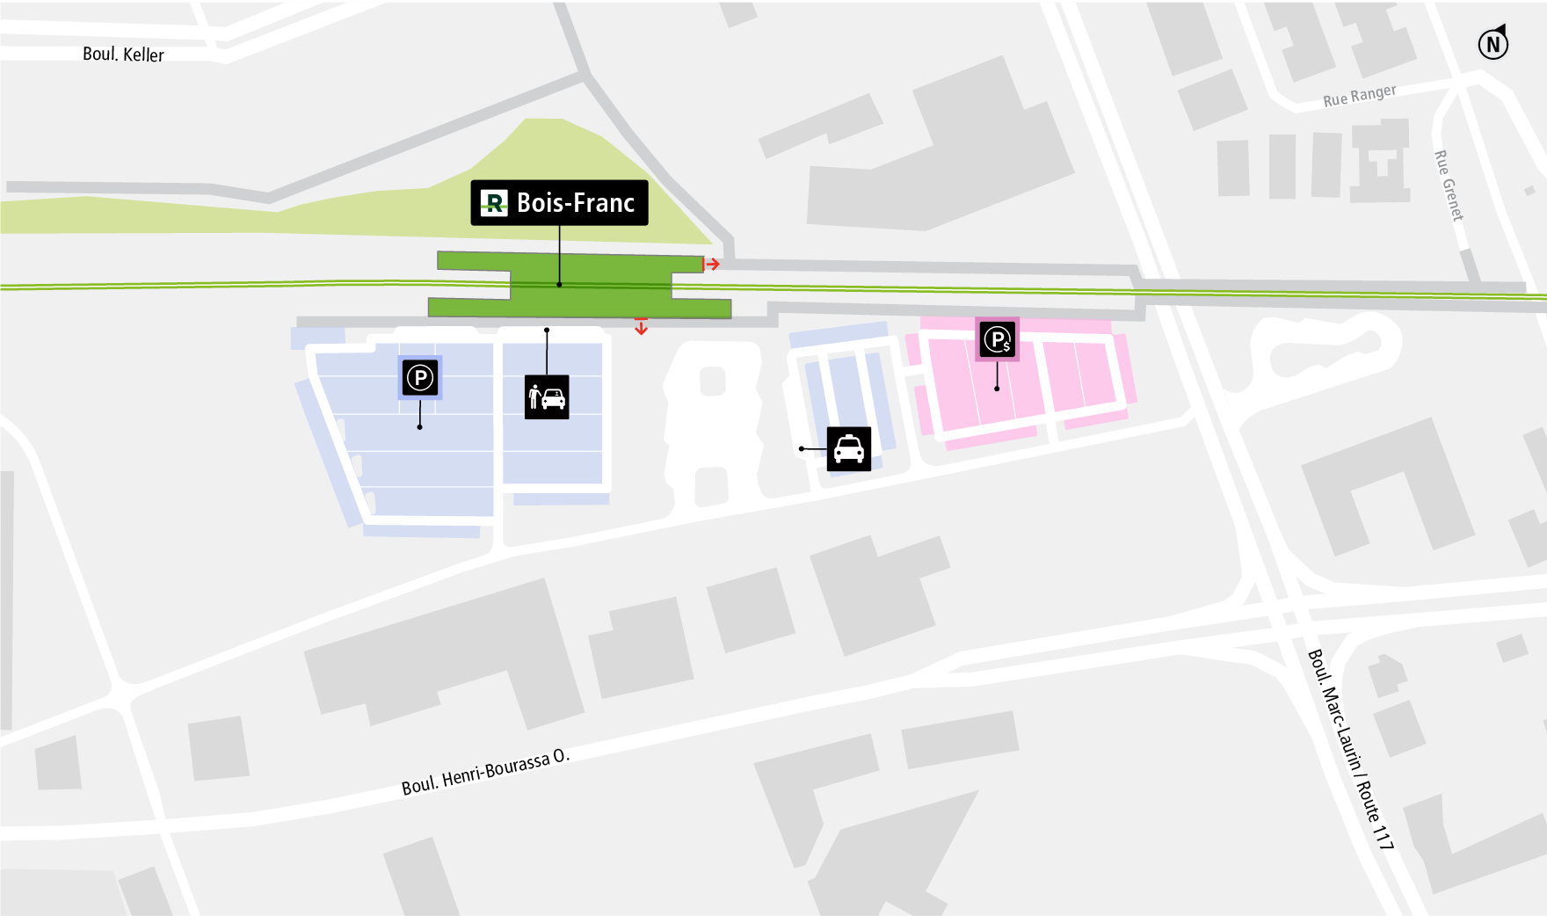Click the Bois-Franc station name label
[x=575, y=203]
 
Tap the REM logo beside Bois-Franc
[x=494, y=203]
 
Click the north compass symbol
[x=1493, y=43]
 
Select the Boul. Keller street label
[x=123, y=55]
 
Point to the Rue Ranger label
[x=1359, y=96]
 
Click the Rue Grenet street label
[x=1449, y=185]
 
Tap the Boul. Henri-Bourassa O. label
[x=485, y=773]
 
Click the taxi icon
[x=848, y=449]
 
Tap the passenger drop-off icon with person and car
[x=547, y=397]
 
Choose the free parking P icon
[x=420, y=378]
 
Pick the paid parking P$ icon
[x=998, y=339]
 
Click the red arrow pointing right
[x=712, y=264]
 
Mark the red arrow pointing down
[x=642, y=327]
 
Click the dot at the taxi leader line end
[x=802, y=449]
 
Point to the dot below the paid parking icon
[x=997, y=389]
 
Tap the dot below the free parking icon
[x=420, y=427]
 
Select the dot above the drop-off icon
[x=547, y=331]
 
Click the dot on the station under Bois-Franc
[x=559, y=285]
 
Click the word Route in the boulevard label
[x=1369, y=802]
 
